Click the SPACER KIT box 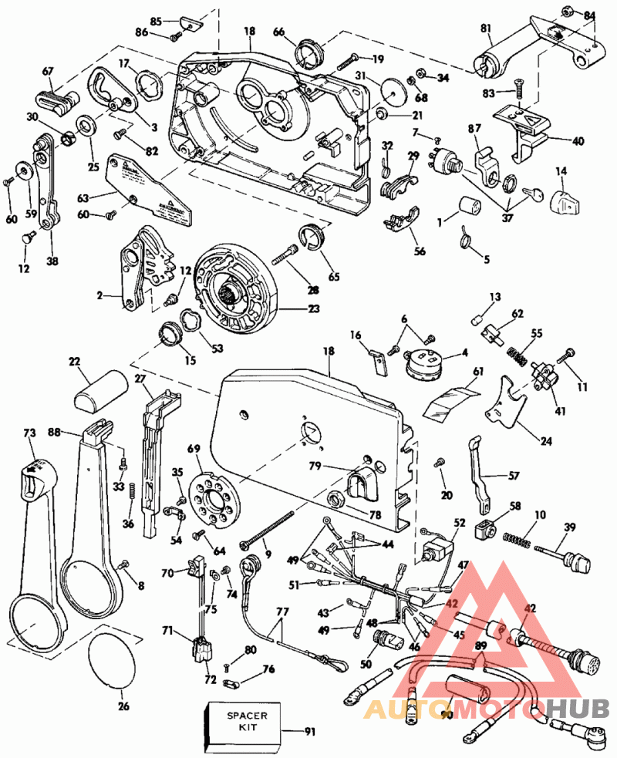tap(247, 726)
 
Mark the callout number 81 tap(485, 29)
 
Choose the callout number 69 tap(194, 449)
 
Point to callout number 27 tap(140, 378)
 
